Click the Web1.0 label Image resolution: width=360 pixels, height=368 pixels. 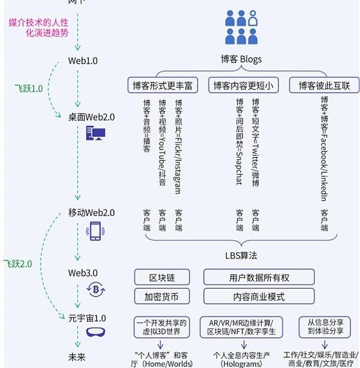(83, 61)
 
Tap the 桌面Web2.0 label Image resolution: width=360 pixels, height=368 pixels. (91, 116)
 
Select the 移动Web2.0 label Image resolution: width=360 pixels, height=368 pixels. (91, 213)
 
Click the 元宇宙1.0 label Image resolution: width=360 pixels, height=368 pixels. (87, 318)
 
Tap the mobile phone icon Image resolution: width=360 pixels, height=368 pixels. (95, 231)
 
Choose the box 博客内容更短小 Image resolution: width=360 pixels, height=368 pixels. (244, 85)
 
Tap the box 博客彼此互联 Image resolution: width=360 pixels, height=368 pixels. (324, 85)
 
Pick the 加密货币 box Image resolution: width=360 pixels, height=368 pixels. (162, 296)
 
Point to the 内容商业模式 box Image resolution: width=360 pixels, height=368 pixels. (259, 296)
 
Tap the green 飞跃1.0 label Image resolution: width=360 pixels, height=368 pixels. (29, 89)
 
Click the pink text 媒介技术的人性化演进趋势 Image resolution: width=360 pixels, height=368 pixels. (43, 28)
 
